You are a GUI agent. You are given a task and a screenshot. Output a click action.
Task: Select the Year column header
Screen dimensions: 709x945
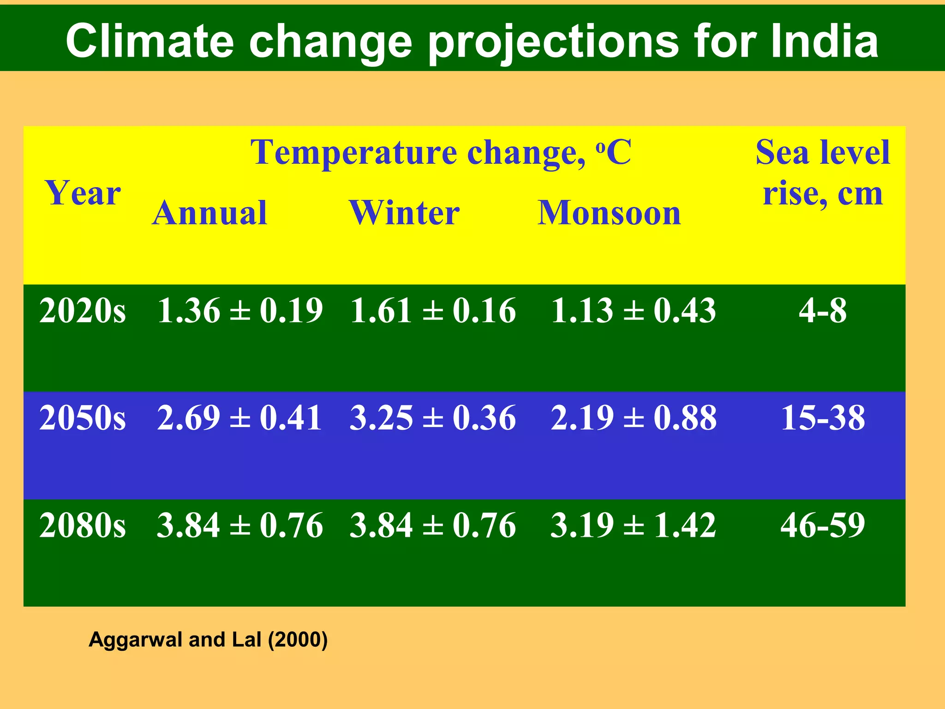(83, 193)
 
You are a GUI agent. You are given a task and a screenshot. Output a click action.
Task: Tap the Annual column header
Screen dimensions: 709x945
(210, 213)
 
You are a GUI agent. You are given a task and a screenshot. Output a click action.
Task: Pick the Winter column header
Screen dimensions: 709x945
(404, 213)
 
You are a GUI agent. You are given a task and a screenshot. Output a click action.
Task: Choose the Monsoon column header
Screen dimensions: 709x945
(609, 213)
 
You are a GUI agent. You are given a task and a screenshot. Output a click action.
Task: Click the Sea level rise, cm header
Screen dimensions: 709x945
(822, 173)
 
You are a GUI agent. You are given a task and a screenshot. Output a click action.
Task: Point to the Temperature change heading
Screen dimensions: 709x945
(441, 152)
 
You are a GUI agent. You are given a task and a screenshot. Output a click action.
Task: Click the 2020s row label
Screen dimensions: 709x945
(83, 310)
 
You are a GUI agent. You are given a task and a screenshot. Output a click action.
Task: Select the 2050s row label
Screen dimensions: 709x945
(83, 418)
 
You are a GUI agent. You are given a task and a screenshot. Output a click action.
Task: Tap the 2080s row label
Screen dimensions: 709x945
(83, 525)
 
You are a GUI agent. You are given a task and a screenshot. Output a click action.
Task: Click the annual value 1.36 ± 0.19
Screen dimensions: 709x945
(240, 310)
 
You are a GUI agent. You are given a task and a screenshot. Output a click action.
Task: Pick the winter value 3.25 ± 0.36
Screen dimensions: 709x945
(433, 418)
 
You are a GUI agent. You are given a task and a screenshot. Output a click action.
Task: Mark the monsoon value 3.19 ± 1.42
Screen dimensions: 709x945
(633, 525)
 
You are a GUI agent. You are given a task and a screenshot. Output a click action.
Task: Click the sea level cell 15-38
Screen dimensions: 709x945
(823, 418)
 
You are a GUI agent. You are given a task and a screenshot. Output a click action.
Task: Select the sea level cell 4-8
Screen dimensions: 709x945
(823, 310)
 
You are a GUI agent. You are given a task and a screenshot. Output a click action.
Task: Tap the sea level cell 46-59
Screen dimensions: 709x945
(823, 525)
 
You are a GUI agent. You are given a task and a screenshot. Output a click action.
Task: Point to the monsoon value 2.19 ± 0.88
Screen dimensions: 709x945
(634, 418)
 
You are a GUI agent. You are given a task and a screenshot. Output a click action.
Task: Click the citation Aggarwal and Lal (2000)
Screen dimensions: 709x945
(208, 640)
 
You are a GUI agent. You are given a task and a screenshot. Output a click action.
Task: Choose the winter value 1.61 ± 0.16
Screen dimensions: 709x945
(433, 310)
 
